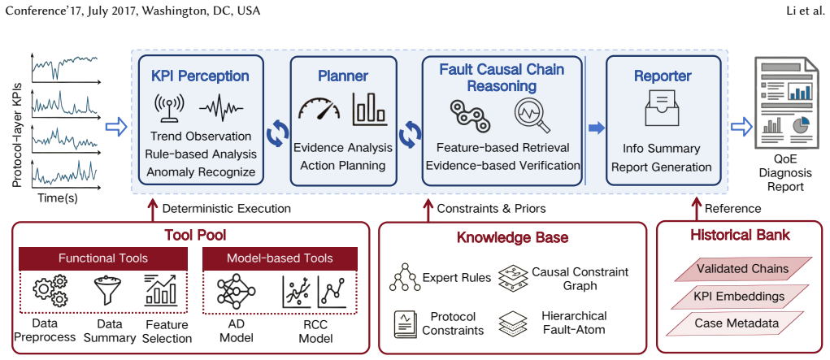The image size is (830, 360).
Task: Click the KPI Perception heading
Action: (201, 76)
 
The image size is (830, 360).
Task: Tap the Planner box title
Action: (343, 76)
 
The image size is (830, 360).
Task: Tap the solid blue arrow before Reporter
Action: (597, 128)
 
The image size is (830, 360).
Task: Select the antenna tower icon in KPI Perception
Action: (168, 109)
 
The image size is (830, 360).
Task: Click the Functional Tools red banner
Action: (103, 258)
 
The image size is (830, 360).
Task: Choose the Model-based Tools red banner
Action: (280, 258)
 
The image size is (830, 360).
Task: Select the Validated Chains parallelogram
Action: (742, 268)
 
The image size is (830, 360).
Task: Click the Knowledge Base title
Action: (513, 237)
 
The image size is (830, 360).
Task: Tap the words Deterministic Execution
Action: (227, 209)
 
